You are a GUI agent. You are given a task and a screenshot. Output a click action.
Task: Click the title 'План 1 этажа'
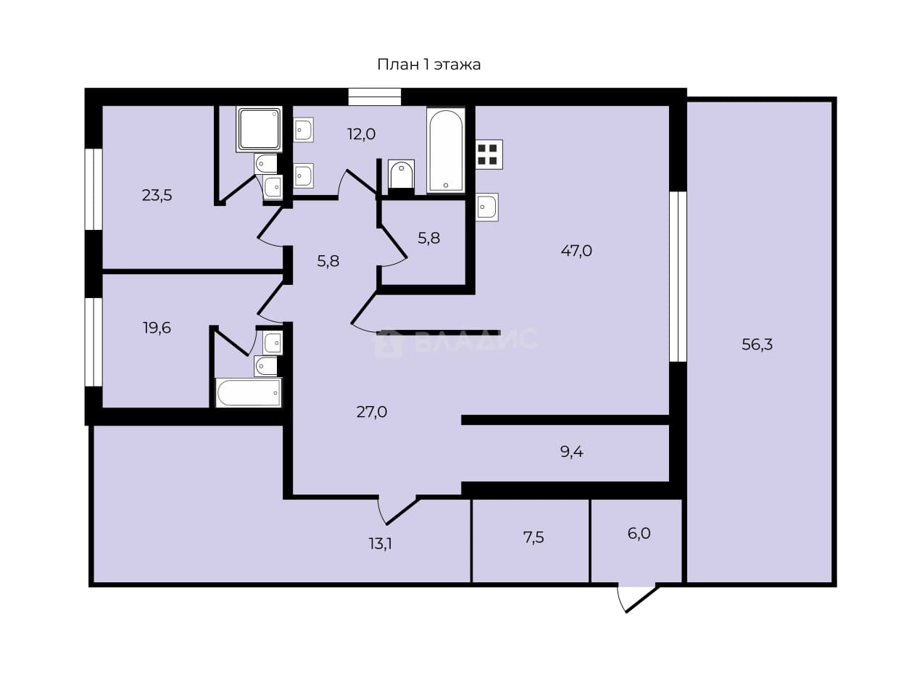click(428, 65)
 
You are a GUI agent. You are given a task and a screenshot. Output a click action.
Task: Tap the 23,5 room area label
click(157, 195)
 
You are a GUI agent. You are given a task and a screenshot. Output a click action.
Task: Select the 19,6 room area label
click(157, 328)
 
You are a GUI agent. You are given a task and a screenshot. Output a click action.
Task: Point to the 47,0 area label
click(576, 251)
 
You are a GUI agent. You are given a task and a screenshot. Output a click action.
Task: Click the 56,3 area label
click(757, 344)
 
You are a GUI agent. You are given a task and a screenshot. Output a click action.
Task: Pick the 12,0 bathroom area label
click(362, 134)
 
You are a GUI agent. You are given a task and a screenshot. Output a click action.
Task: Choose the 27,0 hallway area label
click(372, 412)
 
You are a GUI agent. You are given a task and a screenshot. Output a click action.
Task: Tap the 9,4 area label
click(572, 452)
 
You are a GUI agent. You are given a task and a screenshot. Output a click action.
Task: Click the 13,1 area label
click(380, 544)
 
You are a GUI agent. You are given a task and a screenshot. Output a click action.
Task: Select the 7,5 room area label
click(534, 537)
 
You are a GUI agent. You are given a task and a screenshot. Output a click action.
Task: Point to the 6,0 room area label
click(639, 534)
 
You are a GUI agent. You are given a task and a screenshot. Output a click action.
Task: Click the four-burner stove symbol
click(489, 154)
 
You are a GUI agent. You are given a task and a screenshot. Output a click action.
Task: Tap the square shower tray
click(260, 129)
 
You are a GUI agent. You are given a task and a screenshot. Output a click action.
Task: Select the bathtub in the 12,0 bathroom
click(446, 150)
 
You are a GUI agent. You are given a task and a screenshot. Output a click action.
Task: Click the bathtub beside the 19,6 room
click(248, 392)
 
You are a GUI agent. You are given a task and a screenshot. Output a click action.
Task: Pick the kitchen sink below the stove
click(486, 207)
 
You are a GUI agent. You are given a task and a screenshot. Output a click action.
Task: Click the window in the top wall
click(375, 97)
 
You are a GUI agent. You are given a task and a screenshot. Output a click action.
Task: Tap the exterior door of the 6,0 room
click(637, 598)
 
